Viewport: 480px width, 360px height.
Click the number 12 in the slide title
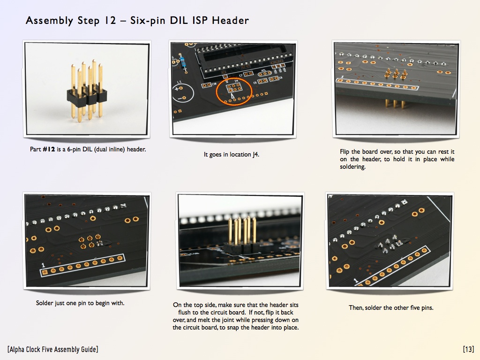pos(111,21)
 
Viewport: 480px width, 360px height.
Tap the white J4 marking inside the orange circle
pos(237,82)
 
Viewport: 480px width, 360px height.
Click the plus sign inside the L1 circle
pos(177,90)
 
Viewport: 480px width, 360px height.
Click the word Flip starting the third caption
pos(345,152)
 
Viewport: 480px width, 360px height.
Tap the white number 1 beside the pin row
pos(43,266)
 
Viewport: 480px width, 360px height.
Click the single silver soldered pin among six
pos(99,244)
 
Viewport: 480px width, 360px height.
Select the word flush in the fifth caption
pos(185,312)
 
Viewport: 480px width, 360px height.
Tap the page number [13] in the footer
pos(468,349)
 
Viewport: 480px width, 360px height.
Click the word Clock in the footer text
pos(43,349)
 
